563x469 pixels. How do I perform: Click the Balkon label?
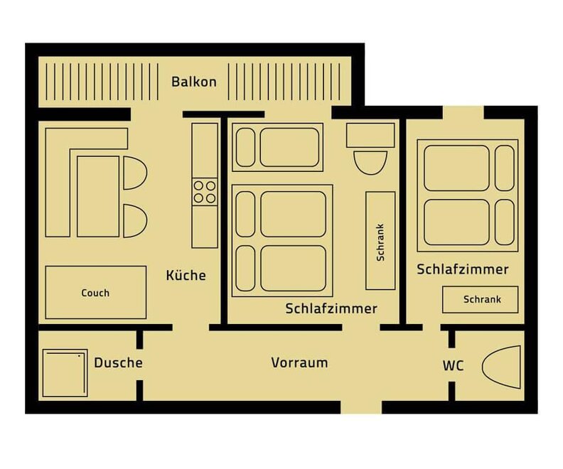(194, 82)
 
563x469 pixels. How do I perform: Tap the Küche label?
(186, 275)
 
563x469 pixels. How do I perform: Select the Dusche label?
(118, 363)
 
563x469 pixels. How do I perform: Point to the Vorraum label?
(299, 363)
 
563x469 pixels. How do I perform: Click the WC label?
(453, 366)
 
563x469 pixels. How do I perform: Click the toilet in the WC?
(501, 367)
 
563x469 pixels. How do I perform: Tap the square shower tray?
(65, 373)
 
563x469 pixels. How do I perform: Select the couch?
(96, 293)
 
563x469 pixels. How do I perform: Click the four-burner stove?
(205, 192)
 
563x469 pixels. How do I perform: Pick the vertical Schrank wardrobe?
(380, 240)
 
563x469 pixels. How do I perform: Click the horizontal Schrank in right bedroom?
(481, 300)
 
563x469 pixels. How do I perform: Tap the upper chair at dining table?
(135, 173)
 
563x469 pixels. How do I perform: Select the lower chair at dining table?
(135, 221)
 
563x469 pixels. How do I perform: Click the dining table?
(98, 196)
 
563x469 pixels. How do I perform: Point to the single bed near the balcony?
(277, 147)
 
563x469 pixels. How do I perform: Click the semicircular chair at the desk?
(370, 163)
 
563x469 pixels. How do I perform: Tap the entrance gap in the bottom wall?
(361, 407)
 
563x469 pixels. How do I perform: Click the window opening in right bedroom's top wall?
(463, 112)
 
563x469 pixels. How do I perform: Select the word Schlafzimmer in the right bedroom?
(463, 269)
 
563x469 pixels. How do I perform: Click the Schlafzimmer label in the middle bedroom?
(331, 308)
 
